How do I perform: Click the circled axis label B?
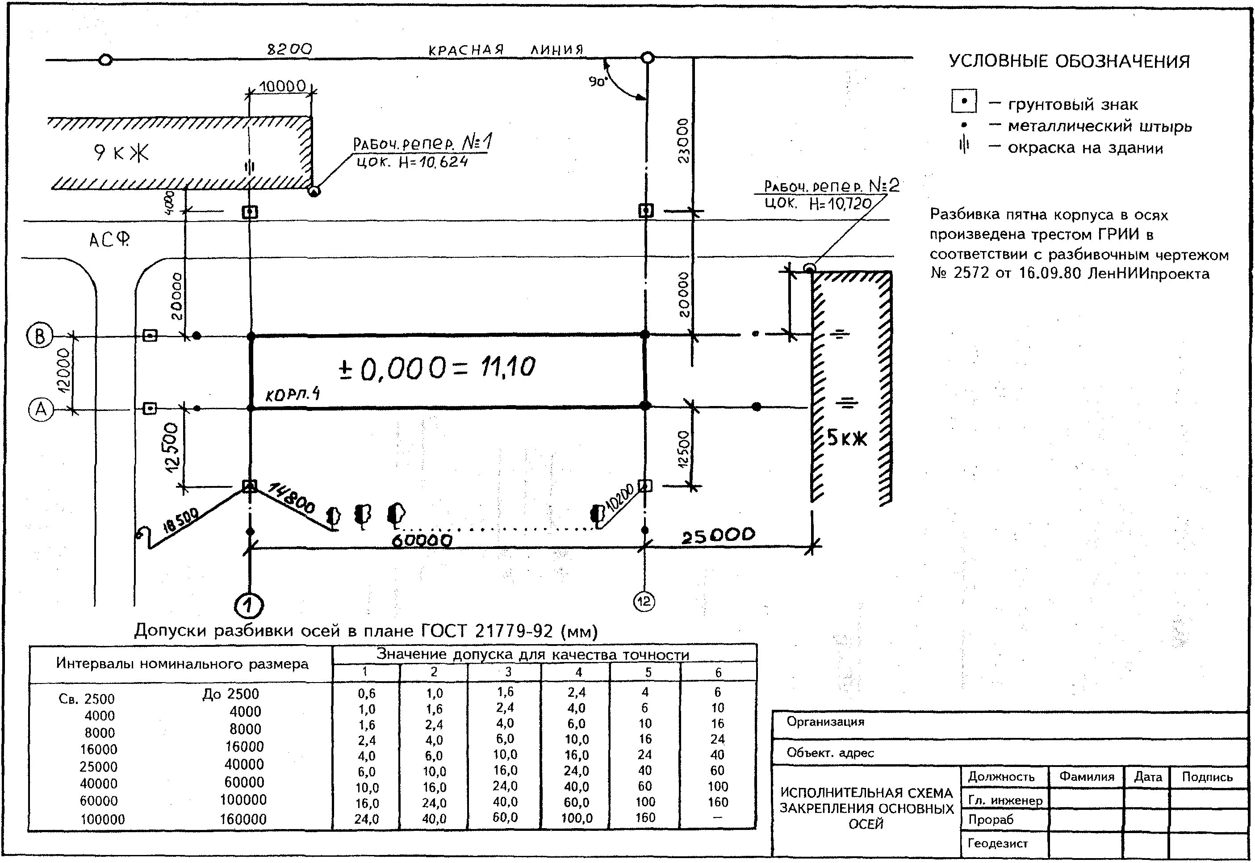[x=39, y=336]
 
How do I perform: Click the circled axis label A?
[x=41, y=409]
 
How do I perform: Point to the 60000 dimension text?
[x=422, y=540]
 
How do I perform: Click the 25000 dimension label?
[x=718, y=536]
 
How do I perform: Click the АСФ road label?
[x=109, y=239]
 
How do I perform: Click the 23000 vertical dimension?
[x=684, y=141]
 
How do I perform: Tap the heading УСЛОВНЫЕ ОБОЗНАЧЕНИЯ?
[x=1069, y=62]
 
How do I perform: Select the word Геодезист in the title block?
[x=997, y=843]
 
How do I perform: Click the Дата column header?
[x=1147, y=777]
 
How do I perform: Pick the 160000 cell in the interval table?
[x=243, y=819]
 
